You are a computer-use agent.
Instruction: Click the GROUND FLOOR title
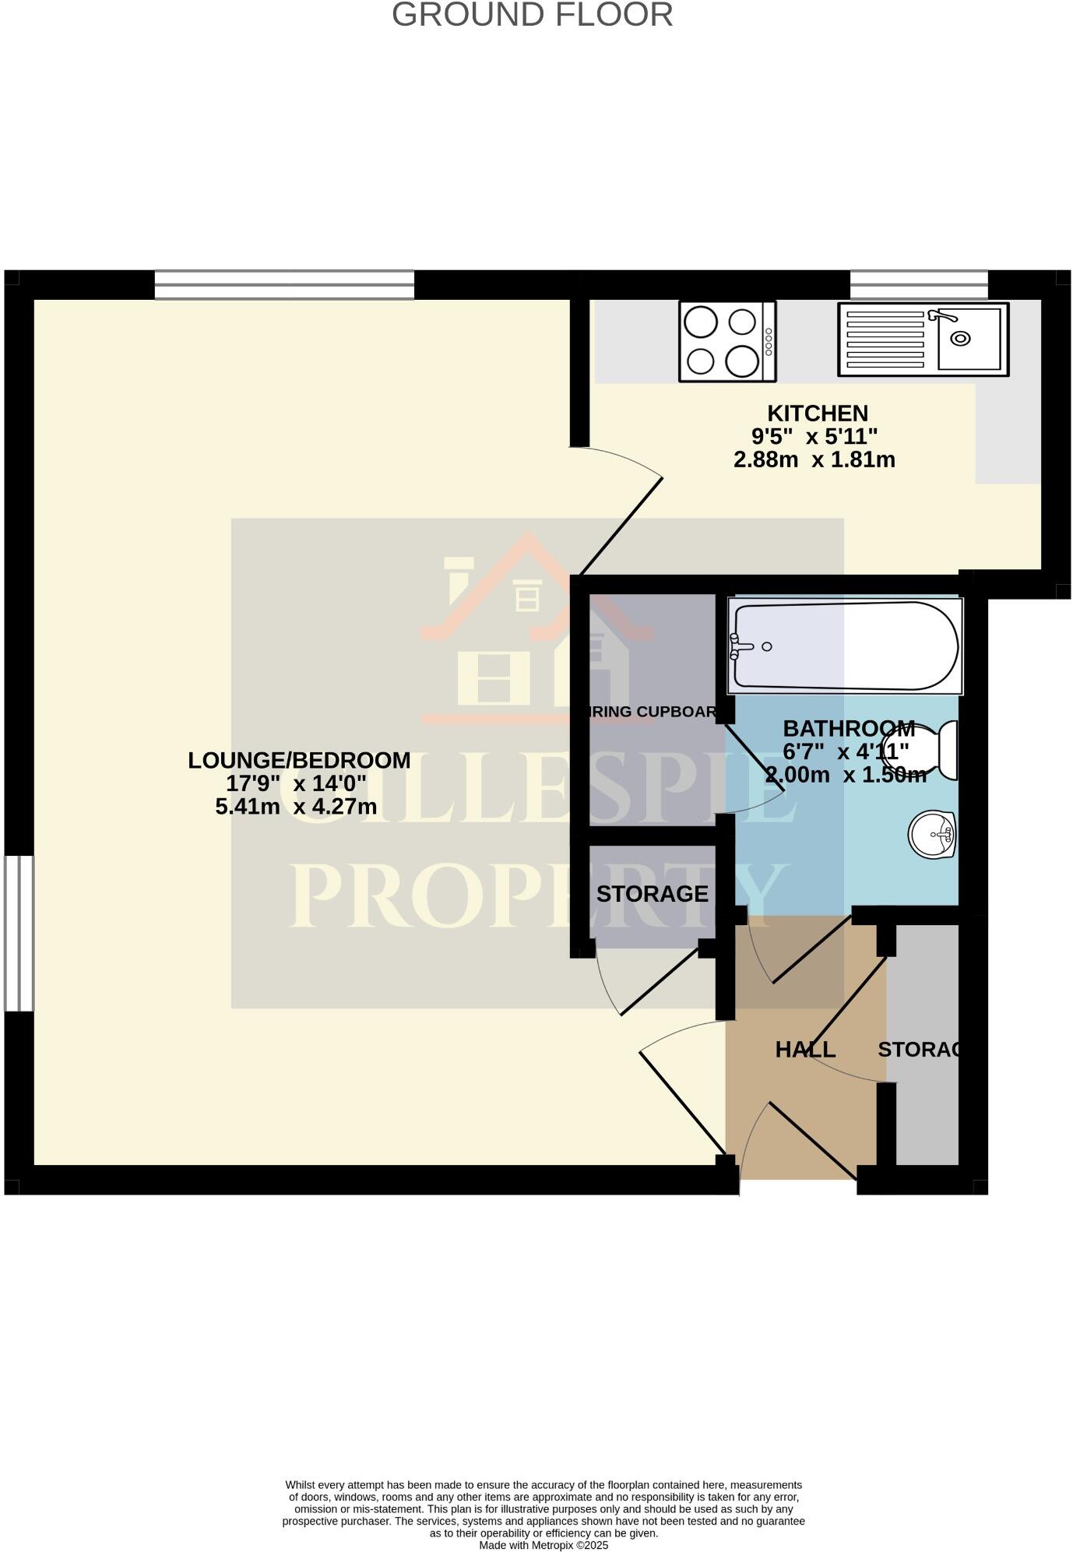coord(532,15)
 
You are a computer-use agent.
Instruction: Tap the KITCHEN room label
coord(817,414)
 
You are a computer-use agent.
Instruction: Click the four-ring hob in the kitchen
coord(727,341)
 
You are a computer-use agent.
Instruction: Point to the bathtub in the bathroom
coord(845,646)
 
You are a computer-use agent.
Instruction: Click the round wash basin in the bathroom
coord(932,834)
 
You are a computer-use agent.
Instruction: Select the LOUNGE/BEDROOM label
coord(299,760)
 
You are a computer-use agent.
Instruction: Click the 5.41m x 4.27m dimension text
coord(296,807)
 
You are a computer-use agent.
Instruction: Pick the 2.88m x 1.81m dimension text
coord(814,459)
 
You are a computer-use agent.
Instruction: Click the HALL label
coord(805,1050)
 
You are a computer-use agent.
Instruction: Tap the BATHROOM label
coord(848,729)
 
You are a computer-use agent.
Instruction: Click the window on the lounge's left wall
coord(19,933)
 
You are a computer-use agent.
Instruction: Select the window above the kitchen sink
coord(918,285)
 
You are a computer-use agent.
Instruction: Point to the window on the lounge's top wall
coord(284,285)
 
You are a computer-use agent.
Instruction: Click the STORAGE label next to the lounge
coord(652,894)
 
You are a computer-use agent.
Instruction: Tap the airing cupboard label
coord(653,712)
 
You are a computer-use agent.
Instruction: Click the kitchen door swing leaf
coord(621,526)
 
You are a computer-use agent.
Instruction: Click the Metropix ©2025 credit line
coord(543,1545)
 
